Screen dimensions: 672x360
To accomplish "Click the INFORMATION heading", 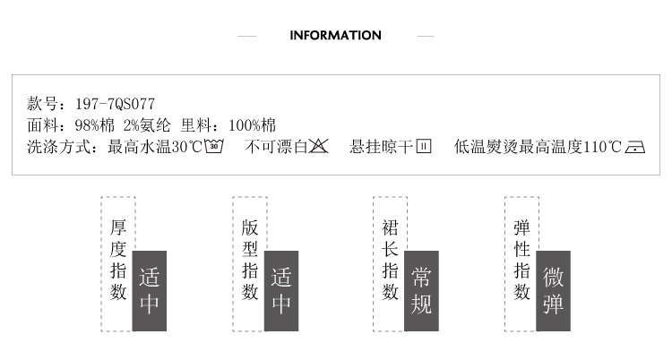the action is (x=336, y=36).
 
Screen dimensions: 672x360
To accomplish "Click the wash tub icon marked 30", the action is (x=214, y=147).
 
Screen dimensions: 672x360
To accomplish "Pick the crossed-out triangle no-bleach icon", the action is (x=319, y=147).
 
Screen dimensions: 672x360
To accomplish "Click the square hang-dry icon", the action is (x=424, y=147).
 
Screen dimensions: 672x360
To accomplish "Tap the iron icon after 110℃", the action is (x=635, y=147).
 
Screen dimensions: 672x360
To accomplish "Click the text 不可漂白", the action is (x=276, y=147).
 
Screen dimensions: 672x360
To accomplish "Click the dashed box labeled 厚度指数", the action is (x=118, y=261).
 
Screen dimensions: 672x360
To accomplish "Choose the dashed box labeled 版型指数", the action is (x=250, y=261).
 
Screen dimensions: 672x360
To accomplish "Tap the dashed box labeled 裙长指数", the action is (x=390, y=261).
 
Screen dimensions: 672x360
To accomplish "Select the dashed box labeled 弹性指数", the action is (x=521, y=261).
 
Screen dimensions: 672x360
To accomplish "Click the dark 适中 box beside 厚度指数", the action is (x=150, y=290).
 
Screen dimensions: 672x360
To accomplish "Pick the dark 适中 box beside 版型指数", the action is (x=281, y=290).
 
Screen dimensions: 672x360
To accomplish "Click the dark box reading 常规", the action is (x=421, y=290).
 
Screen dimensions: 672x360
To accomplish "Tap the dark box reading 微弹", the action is (x=553, y=290).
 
